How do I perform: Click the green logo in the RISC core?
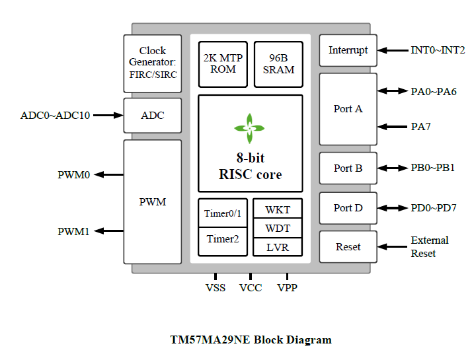tap(249, 128)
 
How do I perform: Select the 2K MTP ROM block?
tap(223, 64)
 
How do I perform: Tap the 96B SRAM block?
tap(278, 64)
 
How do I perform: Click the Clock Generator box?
tap(153, 63)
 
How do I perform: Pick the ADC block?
tap(153, 116)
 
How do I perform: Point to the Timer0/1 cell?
tap(223, 213)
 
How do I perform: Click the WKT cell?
tap(278, 209)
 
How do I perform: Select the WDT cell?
tap(278, 228)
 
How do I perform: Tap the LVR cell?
tap(278, 247)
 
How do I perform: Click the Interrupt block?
tap(348, 50)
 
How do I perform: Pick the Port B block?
tap(348, 168)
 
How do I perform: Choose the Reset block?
tap(348, 246)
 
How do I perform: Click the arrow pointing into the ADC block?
tap(108, 115)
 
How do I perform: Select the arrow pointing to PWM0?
tap(109, 174)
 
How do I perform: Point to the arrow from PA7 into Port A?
tap(392, 127)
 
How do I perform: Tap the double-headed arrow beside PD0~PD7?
tap(392, 208)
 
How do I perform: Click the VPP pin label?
tap(287, 288)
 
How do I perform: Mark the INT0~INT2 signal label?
tap(438, 50)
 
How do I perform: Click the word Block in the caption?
tap(268, 340)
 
